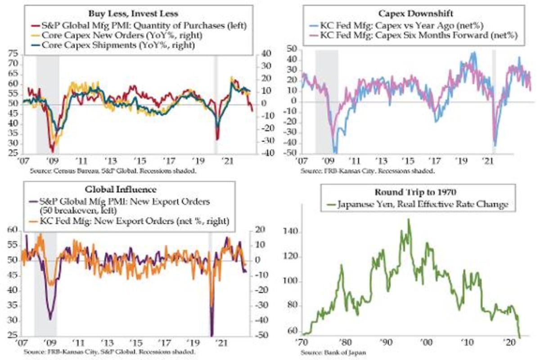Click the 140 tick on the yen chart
coord(290,233)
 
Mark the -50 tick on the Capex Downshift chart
coord(290,153)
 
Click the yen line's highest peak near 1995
coord(409,220)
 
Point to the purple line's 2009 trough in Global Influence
coord(50,319)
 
